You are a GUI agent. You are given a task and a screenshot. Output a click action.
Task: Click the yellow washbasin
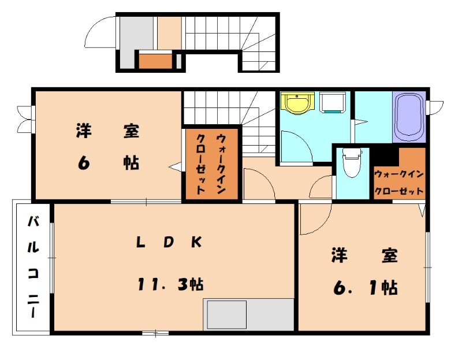click(298, 103)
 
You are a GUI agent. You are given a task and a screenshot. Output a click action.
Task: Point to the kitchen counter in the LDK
click(248, 314)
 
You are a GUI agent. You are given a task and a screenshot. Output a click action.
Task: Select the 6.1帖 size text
click(364, 287)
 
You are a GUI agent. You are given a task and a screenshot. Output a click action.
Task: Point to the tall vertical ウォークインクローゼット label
click(211, 164)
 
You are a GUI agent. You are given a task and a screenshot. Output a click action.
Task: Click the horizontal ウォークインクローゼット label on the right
click(399, 182)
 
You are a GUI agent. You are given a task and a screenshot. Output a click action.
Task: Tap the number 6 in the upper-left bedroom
click(84, 164)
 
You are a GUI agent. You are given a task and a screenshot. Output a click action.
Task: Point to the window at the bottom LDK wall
click(155, 333)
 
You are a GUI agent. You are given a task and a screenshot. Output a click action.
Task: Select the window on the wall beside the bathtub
click(434, 107)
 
